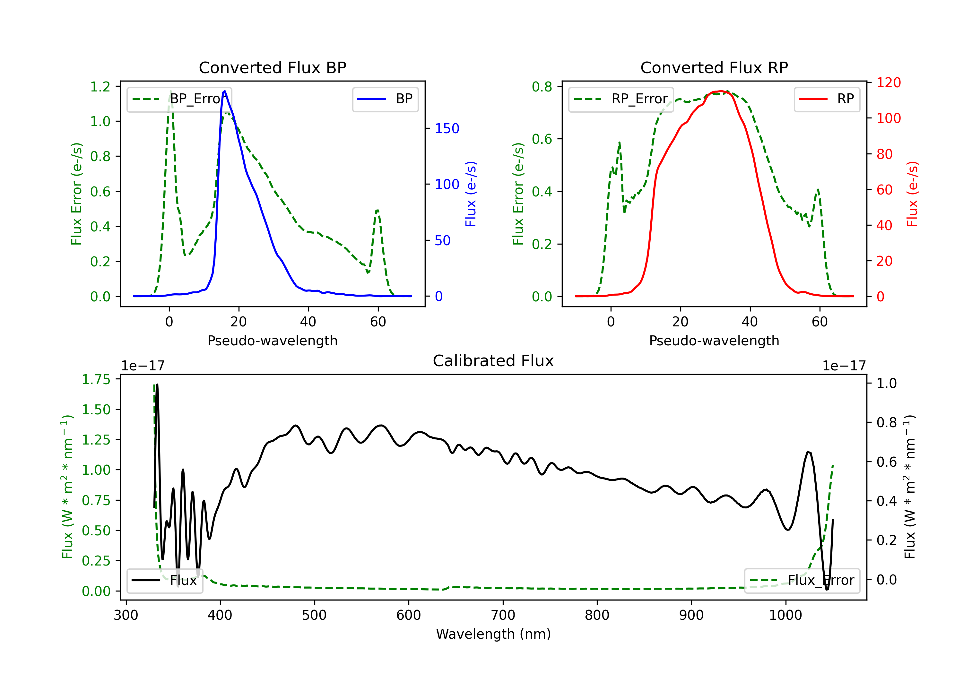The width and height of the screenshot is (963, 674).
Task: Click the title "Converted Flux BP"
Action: pyautogui.click(x=273, y=67)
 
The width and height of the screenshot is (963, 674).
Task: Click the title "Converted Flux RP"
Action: pyautogui.click(x=714, y=67)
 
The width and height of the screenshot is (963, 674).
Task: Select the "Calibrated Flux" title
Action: pyautogui.click(x=493, y=361)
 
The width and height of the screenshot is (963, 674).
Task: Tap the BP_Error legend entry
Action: pyautogui.click(x=179, y=99)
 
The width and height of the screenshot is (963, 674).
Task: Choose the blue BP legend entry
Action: pyautogui.click(x=386, y=99)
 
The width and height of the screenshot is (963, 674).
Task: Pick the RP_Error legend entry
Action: pyautogui.click(x=621, y=99)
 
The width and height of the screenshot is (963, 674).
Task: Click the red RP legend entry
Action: pyautogui.click(x=827, y=99)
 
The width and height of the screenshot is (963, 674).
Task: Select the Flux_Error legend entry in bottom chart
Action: pyautogui.click(x=802, y=581)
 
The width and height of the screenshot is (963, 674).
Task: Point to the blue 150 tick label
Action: pyautogui.click(x=447, y=128)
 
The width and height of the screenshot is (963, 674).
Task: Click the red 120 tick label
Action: pyautogui.click(x=889, y=82)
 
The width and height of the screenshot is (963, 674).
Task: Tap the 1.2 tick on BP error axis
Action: pyautogui.click(x=100, y=87)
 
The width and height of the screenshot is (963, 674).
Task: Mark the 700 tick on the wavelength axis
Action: pyautogui.click(x=503, y=615)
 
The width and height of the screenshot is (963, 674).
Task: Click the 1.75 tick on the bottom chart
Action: pyautogui.click(x=96, y=380)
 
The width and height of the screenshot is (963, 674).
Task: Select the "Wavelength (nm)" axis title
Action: pyautogui.click(x=494, y=634)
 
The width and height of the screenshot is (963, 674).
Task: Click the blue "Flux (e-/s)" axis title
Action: pyautogui.click(x=471, y=194)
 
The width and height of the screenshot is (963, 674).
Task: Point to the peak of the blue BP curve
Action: pyautogui.click(x=225, y=91)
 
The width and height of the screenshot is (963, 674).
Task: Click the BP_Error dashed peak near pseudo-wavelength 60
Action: pyautogui.click(x=377, y=211)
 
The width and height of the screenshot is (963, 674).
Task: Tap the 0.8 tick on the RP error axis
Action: pyautogui.click(x=542, y=87)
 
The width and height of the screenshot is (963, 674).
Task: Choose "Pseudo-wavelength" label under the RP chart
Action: pyautogui.click(x=714, y=341)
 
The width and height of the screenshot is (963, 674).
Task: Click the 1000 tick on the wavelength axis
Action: pyautogui.click(x=785, y=615)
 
